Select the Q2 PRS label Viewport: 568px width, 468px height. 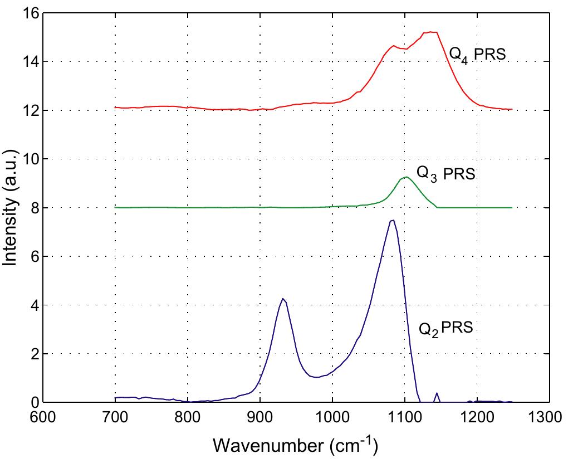pos(445,328)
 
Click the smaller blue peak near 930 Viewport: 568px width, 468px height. pos(283,299)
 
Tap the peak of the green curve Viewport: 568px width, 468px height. pos(406,177)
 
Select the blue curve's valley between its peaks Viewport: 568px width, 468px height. pos(317,377)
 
